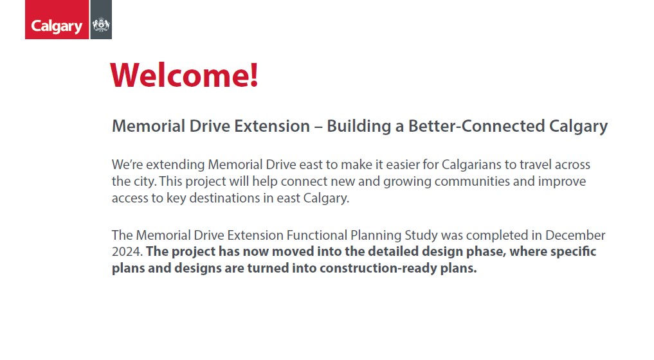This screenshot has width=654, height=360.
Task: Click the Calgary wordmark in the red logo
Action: [57, 26]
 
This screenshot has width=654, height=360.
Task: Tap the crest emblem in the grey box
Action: [101, 24]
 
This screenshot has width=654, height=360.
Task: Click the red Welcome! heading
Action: [184, 75]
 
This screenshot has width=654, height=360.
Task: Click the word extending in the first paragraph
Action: [175, 165]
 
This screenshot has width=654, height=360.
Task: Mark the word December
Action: [575, 235]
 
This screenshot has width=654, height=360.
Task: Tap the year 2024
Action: [127, 251]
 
